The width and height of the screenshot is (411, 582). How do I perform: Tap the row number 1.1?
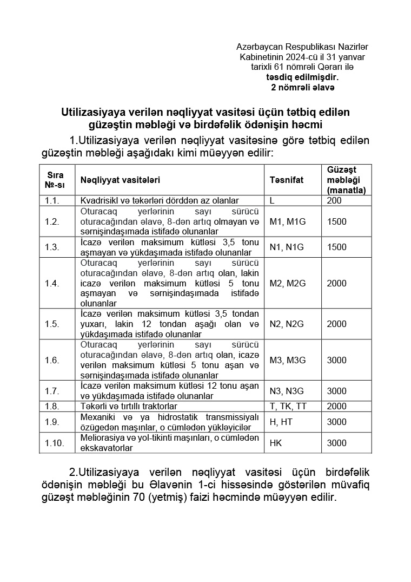click(x=52, y=200)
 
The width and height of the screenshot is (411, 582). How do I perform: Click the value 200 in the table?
click(x=334, y=200)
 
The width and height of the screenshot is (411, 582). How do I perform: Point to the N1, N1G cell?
click(x=287, y=247)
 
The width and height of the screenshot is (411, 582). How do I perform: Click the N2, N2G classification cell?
click(x=287, y=324)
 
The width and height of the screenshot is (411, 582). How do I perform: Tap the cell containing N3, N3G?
click(x=287, y=391)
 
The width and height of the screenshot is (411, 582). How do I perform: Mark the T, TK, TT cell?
click(x=289, y=406)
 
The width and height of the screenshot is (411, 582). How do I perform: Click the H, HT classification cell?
click(x=281, y=422)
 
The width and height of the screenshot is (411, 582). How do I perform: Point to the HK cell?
click(x=276, y=443)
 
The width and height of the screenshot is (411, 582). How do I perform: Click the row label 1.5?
click(x=52, y=324)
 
